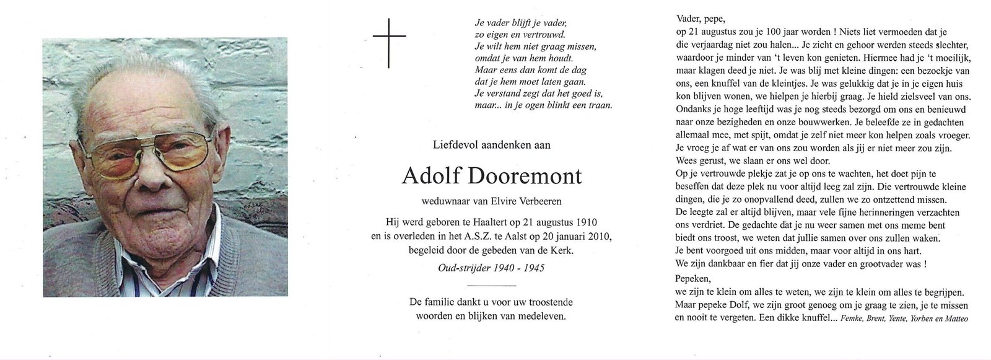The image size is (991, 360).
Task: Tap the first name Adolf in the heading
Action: pos(427,176)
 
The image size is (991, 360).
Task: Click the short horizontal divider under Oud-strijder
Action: pos(490,285)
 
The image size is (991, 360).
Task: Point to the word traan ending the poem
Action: pos(600,122)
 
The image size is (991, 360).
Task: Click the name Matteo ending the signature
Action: pos(954,319)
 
